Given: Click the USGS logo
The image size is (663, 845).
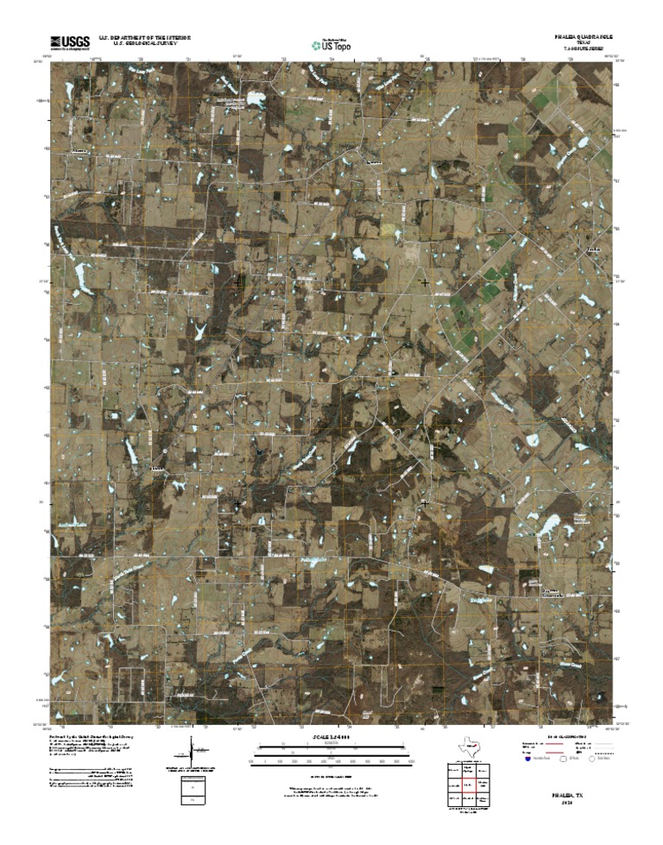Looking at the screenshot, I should (x=70, y=40).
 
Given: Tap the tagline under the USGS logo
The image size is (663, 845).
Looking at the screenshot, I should (x=70, y=48).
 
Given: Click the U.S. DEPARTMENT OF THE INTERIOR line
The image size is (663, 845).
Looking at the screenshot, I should (x=144, y=38).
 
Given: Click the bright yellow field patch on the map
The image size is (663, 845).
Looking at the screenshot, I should (x=395, y=231).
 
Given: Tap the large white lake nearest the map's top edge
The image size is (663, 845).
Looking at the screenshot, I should (x=256, y=99).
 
